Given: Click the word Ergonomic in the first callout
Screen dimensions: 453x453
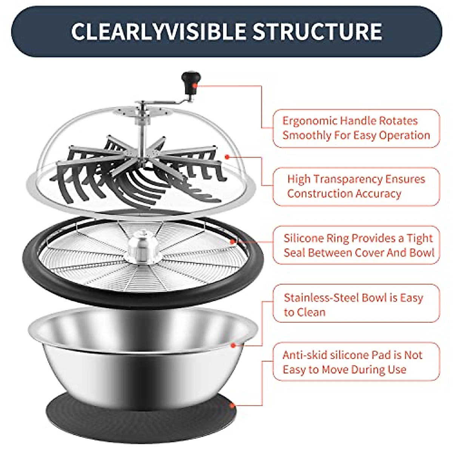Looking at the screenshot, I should pos(310,121).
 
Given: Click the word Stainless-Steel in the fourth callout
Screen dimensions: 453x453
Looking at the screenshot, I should pos(321,298).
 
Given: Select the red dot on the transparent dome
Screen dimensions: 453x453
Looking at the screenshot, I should pos(227,156).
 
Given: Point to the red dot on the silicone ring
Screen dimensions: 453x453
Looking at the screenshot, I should pos(233,242).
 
